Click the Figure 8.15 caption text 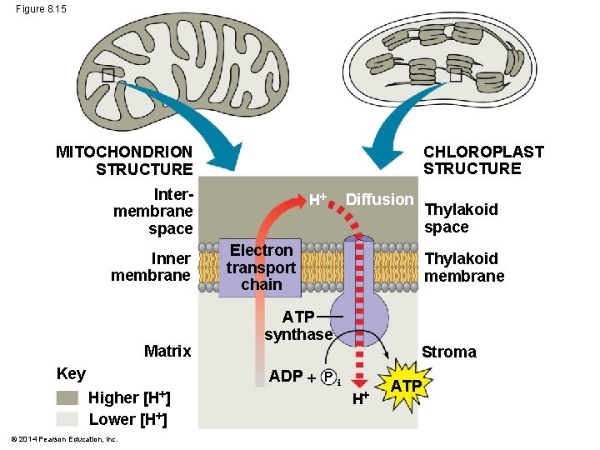coord(41,9)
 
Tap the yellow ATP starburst coord(404,385)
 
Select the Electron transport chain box coord(260,267)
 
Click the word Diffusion coord(380,199)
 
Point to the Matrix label coord(167,351)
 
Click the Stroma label coord(449,352)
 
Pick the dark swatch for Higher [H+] coord(67,397)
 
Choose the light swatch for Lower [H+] coord(67,419)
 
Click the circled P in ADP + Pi coord(327,377)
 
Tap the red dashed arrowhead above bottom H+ coord(359,384)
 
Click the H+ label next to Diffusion coord(318,199)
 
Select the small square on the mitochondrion coord(108,75)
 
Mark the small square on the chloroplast coord(455,75)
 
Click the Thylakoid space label coord(461,218)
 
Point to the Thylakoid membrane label coord(464,267)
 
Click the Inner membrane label coord(151,267)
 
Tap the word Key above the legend coord(71,374)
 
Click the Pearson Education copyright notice coord(64,439)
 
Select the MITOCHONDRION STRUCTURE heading coord(124,160)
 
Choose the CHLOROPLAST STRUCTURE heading coord(483,160)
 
